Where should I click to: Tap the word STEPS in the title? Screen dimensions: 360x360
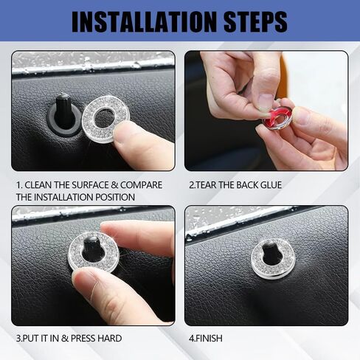256,22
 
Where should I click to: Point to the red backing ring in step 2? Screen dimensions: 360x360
268,118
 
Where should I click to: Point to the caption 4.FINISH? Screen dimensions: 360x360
206,339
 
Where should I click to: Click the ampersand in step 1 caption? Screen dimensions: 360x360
114,185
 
